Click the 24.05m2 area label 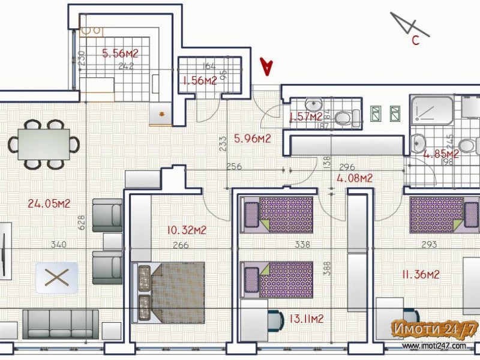click(x=49, y=203)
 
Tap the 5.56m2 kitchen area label click(x=120, y=53)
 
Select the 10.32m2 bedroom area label click(x=187, y=230)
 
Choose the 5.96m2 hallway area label click(x=252, y=139)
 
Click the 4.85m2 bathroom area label click(x=441, y=154)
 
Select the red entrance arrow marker click(x=266, y=66)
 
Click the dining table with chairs click(x=43, y=144)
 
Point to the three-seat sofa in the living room click(x=60, y=324)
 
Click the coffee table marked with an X click(x=56, y=277)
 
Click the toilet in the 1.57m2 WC click(x=344, y=117)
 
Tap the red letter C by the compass click(x=415, y=41)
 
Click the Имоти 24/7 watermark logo click(x=434, y=329)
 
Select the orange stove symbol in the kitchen click(x=161, y=113)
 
